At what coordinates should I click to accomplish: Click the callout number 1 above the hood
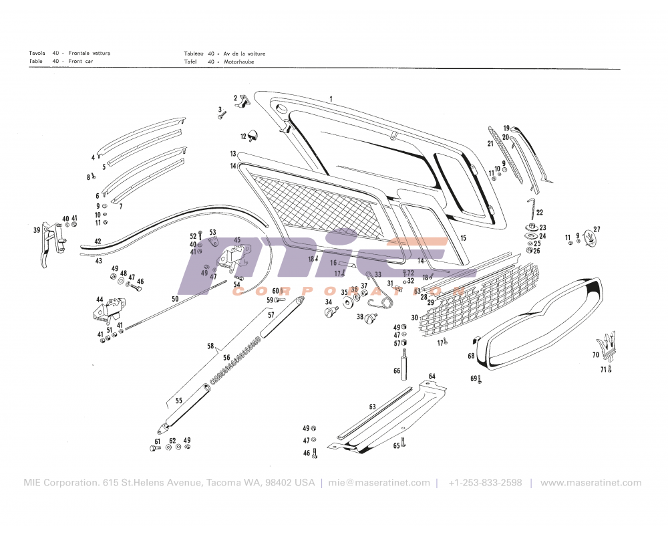pyautogui.click(x=331, y=99)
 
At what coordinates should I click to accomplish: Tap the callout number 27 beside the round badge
pyautogui.click(x=597, y=229)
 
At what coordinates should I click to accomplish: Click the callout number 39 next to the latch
pyautogui.click(x=37, y=230)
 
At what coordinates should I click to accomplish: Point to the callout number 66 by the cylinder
pyautogui.click(x=397, y=370)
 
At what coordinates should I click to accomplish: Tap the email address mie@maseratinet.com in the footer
pyautogui.click(x=379, y=483)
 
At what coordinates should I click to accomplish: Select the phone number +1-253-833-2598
pyautogui.click(x=485, y=483)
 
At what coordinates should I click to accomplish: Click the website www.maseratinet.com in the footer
pyautogui.click(x=591, y=483)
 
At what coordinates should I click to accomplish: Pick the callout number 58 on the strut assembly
pyautogui.click(x=210, y=346)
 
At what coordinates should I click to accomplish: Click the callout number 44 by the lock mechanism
pyautogui.click(x=100, y=300)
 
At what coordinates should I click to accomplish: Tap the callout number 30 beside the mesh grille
pyautogui.click(x=414, y=317)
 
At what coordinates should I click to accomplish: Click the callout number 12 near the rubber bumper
pyautogui.click(x=244, y=136)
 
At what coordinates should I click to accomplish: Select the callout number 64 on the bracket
pyautogui.click(x=432, y=377)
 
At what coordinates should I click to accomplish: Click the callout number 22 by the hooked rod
pyautogui.click(x=540, y=213)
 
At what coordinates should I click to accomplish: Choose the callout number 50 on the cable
pyautogui.click(x=175, y=299)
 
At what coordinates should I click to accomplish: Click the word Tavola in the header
pyautogui.click(x=37, y=53)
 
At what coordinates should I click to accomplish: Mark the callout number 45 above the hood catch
pyautogui.click(x=237, y=239)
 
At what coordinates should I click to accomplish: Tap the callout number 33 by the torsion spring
pyautogui.click(x=378, y=275)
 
